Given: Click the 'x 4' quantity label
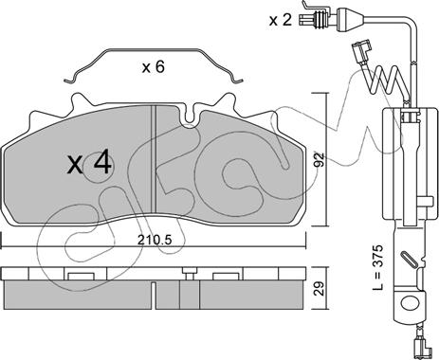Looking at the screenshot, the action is pos(89,163).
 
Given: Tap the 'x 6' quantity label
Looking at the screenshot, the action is pos(154,67).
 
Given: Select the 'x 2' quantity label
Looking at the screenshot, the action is pos(281,20).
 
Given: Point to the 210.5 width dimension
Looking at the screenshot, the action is pos(155,241).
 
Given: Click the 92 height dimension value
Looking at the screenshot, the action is pos(320,159).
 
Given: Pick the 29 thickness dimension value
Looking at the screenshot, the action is pos(320,288).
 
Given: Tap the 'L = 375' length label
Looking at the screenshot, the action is pos(377,267).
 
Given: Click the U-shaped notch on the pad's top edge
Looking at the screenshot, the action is pos(190,116).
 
